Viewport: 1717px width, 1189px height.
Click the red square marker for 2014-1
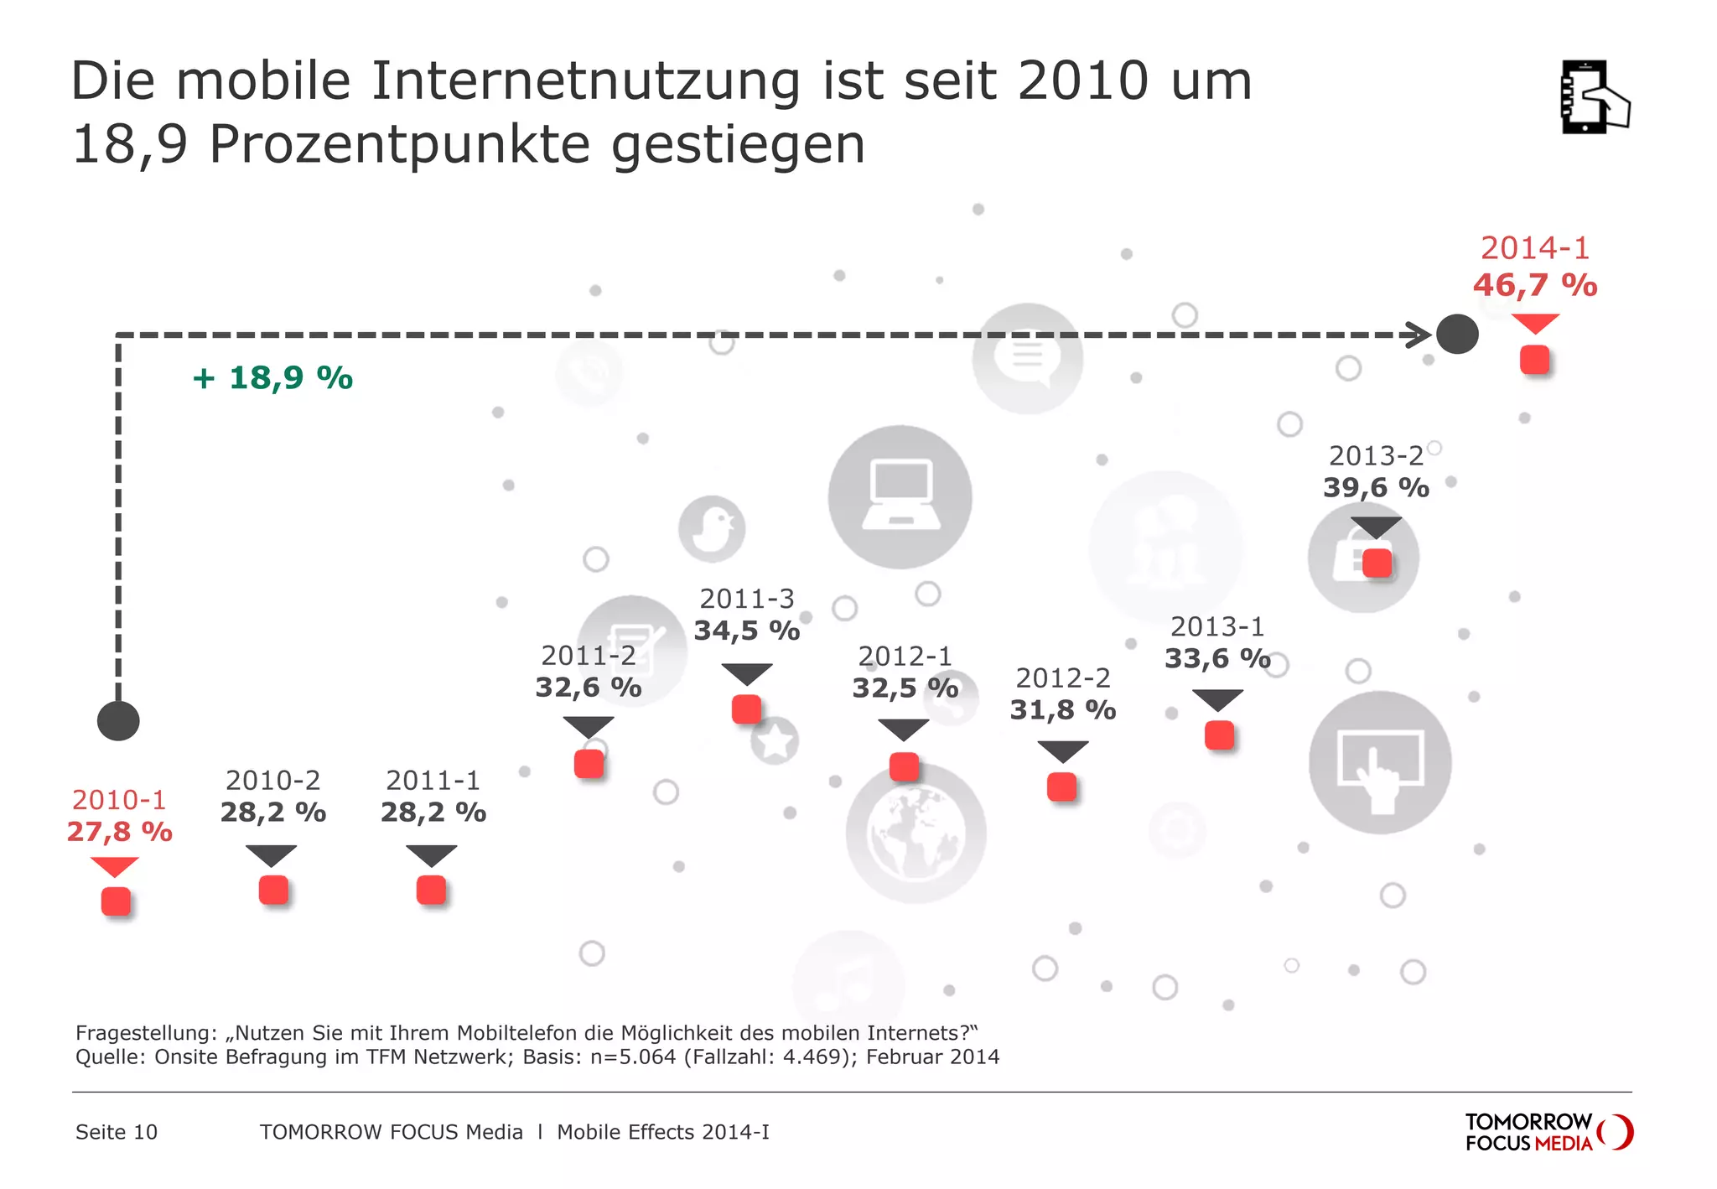(x=1534, y=361)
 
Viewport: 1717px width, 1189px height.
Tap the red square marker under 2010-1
(x=116, y=901)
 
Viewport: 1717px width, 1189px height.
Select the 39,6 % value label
(x=1376, y=487)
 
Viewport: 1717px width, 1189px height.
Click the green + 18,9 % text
(x=272, y=378)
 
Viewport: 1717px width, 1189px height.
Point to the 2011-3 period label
(x=746, y=599)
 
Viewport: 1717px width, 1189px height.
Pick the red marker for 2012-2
(x=1061, y=787)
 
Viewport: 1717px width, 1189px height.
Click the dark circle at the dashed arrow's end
(x=1457, y=335)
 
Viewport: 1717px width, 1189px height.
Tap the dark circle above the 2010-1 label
(x=118, y=721)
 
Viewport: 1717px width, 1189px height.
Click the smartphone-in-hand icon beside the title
(x=1593, y=97)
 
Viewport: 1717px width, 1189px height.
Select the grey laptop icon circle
(x=900, y=497)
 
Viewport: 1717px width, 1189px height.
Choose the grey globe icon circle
(x=916, y=833)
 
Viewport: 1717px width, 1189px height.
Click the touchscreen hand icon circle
(x=1380, y=762)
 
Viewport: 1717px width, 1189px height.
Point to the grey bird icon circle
(x=712, y=529)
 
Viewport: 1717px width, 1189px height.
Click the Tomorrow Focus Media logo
(x=1548, y=1132)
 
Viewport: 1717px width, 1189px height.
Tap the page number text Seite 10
(x=117, y=1132)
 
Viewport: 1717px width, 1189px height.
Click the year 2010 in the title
(x=1082, y=81)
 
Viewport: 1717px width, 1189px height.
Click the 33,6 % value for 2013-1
(x=1216, y=659)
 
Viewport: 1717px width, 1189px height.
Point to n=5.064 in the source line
(x=633, y=1057)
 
